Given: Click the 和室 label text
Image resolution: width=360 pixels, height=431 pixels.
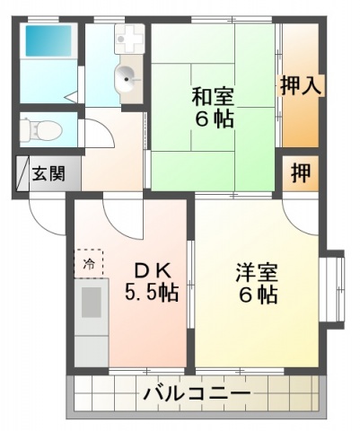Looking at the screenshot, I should (x=212, y=94).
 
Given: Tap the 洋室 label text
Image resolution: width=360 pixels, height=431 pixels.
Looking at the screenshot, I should (x=257, y=272).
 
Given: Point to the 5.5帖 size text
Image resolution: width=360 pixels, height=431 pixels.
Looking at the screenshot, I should (x=150, y=293).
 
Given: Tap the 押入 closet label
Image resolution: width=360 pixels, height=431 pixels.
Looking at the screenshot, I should (x=302, y=86).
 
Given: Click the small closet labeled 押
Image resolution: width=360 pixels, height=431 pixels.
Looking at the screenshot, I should (x=301, y=172).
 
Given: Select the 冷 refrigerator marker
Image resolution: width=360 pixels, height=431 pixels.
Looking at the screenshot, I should (x=89, y=264).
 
